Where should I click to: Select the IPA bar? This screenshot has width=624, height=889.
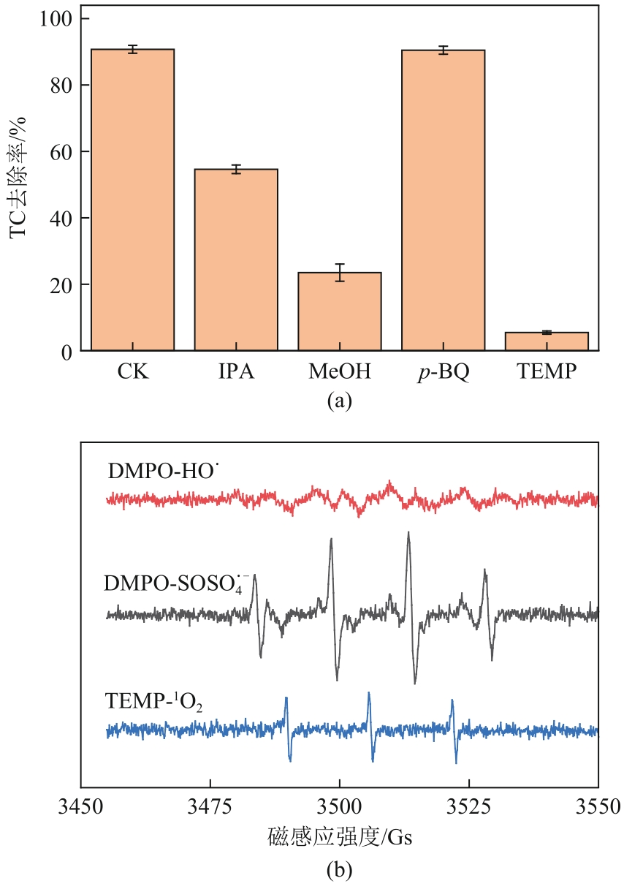click(x=236, y=260)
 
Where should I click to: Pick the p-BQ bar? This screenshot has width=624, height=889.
click(x=443, y=200)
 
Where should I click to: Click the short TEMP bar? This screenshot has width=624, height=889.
click(x=547, y=341)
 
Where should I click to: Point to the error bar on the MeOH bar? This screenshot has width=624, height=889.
click(x=340, y=273)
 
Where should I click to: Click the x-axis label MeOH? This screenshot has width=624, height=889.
click(x=340, y=372)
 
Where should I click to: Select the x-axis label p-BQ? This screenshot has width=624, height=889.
click(x=443, y=373)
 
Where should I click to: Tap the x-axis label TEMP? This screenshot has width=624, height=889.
click(x=547, y=372)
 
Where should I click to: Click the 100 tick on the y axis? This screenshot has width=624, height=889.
click(x=55, y=19)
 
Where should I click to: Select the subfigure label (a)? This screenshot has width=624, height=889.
click(x=340, y=401)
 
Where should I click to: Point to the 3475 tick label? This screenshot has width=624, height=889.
click(x=210, y=808)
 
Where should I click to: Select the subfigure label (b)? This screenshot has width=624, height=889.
click(x=340, y=870)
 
